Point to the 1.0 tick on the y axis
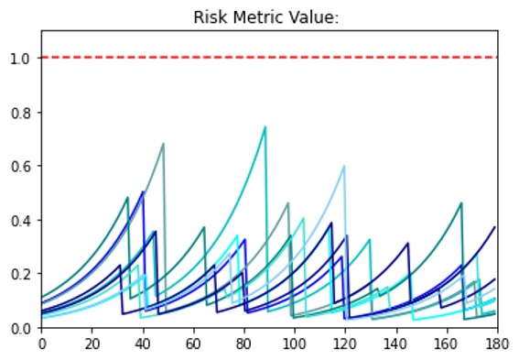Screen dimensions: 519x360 [22, 59]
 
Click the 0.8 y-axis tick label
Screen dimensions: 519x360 [22, 113]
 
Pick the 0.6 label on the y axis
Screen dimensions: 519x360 [22, 167]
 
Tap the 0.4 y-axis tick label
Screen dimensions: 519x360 [22, 221]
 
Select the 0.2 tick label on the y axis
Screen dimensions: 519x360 [22, 274]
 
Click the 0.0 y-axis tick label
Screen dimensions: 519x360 [22, 328]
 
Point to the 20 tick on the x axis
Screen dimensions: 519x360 [92, 344]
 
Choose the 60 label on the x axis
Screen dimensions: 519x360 [193, 344]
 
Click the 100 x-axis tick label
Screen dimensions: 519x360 [295, 344]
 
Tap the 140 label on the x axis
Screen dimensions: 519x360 [396, 344]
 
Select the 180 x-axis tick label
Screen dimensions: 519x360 [497, 344]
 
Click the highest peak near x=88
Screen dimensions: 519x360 [265, 126]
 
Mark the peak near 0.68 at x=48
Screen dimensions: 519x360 [163, 144]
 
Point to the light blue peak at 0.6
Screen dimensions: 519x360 [344, 166]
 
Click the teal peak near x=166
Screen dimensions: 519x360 [461, 202]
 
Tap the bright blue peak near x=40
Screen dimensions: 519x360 [143, 191]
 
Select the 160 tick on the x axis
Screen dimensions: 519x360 [447, 344]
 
